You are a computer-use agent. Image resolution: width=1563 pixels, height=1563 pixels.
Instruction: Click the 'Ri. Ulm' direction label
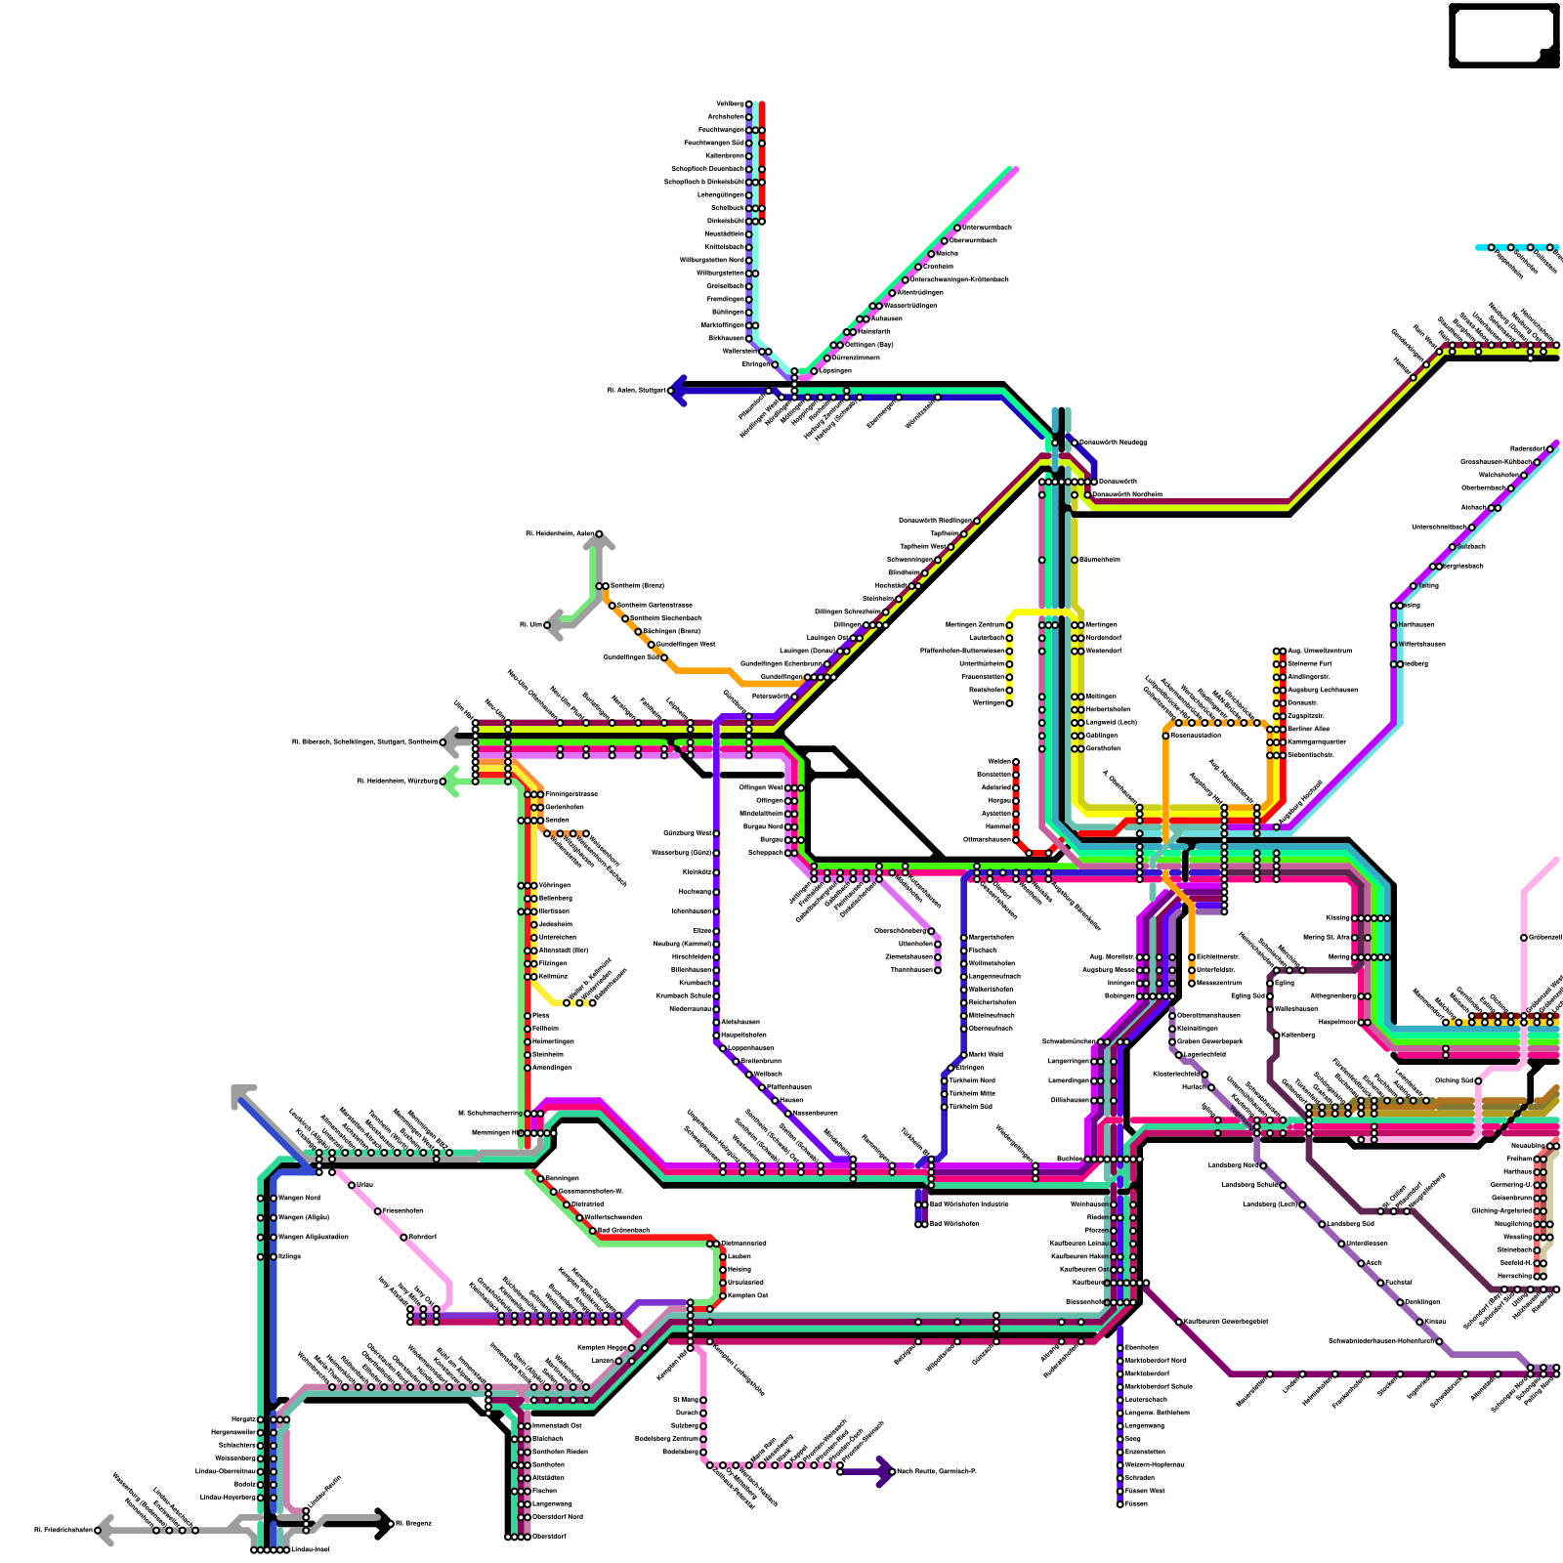pos(530,624)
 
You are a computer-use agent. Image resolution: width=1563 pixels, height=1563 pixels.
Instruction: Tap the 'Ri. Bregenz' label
pos(410,1523)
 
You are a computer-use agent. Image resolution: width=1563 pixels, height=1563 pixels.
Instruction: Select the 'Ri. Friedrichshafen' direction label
pos(63,1530)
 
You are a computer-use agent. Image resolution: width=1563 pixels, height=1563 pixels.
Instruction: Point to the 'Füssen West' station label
pos(1145,1491)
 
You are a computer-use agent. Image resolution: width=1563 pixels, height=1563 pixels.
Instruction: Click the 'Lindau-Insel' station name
pos(310,1549)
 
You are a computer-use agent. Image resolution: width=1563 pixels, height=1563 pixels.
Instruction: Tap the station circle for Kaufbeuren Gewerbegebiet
pos(1179,1322)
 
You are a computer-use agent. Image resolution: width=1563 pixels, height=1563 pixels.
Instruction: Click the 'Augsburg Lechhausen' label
pos(1322,690)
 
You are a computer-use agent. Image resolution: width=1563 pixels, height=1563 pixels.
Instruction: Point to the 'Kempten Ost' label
pos(748,1295)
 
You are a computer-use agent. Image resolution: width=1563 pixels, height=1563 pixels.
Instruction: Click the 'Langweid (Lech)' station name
pos(1111,722)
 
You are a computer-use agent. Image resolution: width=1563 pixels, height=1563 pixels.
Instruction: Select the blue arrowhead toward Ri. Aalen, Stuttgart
pos(677,391)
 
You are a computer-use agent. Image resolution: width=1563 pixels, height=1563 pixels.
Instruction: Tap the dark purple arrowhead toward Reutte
pos(884,1471)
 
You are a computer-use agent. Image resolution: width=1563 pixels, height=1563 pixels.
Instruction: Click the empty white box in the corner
pos(1502,35)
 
